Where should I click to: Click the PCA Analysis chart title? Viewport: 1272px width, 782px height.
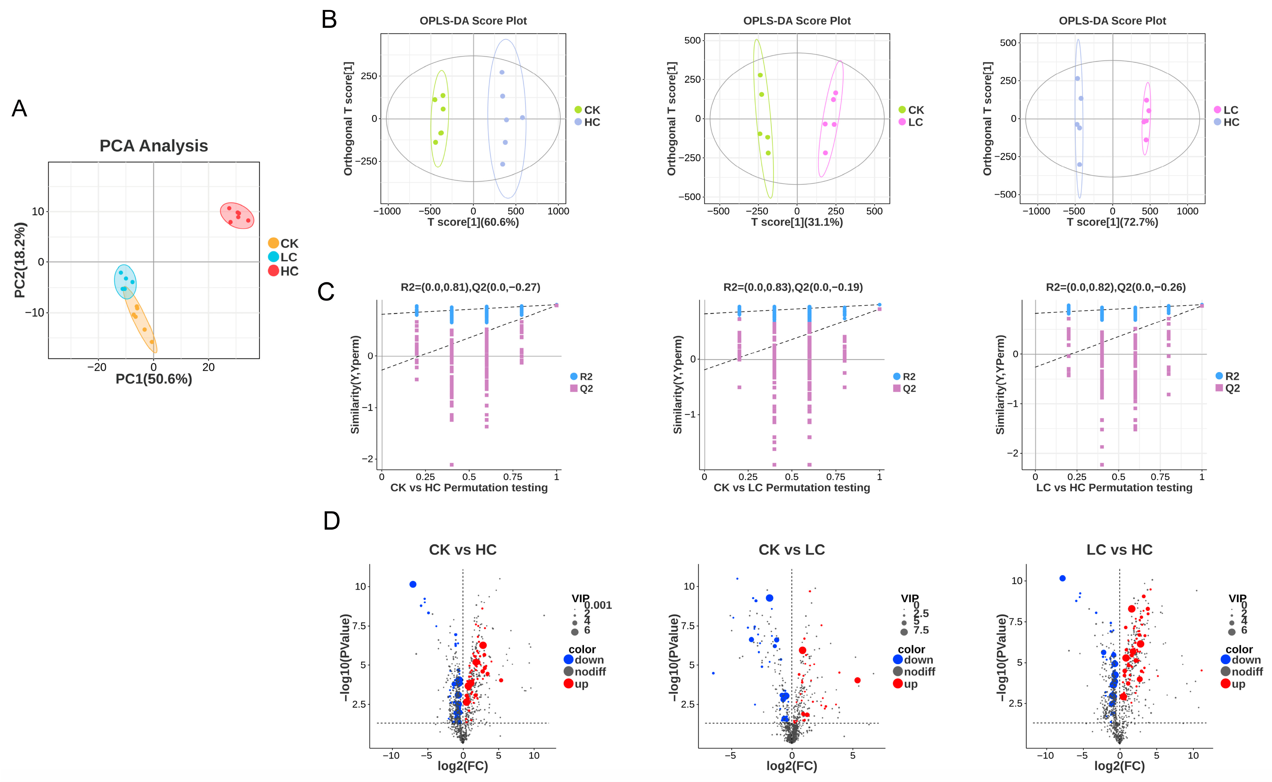click(154, 146)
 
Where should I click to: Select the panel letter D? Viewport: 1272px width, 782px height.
click(331, 521)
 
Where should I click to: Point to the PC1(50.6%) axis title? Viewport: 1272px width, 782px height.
click(154, 379)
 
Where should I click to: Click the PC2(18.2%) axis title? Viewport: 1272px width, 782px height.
click(20, 260)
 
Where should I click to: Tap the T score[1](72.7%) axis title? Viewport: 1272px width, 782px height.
click(1112, 222)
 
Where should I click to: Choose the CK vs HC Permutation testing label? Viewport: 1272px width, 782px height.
click(469, 488)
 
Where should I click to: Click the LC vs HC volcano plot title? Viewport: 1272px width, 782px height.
click(1120, 550)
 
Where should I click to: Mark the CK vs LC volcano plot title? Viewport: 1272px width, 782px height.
click(792, 550)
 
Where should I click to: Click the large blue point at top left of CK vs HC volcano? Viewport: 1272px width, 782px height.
click(413, 584)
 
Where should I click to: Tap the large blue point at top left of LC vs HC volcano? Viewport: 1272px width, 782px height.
click(1062, 578)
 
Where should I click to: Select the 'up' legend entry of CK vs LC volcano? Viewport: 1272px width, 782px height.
click(905, 684)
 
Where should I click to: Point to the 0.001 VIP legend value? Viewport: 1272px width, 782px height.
click(598, 605)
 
